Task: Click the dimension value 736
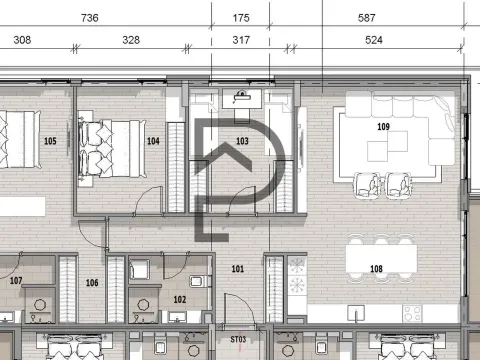coord(89,18)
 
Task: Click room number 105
coord(51,141)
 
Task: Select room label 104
coord(153,141)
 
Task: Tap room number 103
coord(241,141)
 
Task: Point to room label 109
coord(383,128)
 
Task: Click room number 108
coord(376,269)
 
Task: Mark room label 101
coord(237,269)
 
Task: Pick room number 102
coord(180,298)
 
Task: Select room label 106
coord(92,283)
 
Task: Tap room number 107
coord(15,281)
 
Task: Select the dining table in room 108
coord(381,257)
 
